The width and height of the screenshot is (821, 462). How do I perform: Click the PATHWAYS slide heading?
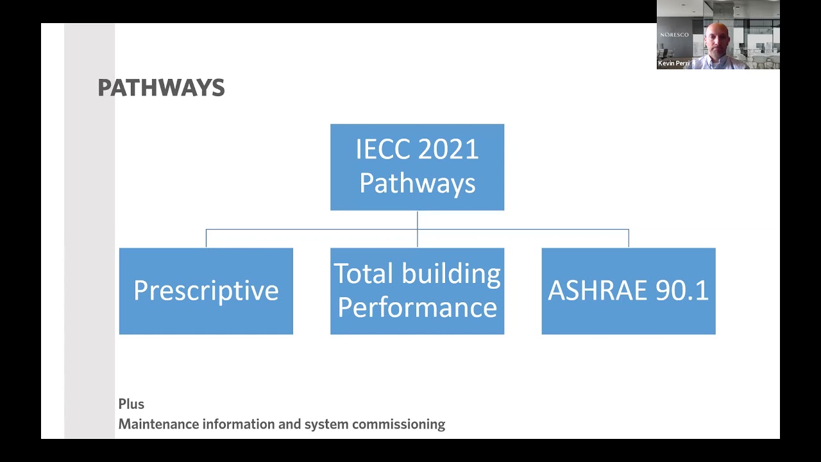point(161,88)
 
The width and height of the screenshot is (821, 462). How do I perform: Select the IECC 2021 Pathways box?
point(417,167)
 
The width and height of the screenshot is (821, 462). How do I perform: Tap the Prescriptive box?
point(206,291)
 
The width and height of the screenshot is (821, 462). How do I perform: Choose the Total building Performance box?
point(417,291)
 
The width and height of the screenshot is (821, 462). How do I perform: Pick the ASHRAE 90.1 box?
point(628,291)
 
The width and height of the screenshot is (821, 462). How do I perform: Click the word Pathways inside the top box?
point(417,184)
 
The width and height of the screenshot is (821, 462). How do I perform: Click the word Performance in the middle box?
point(417,307)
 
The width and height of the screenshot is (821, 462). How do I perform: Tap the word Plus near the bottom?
point(131,404)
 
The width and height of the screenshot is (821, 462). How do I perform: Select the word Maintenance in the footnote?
point(159,424)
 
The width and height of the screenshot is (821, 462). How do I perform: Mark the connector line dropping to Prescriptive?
point(206,238)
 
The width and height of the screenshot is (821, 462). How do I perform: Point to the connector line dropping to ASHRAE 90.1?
point(629,238)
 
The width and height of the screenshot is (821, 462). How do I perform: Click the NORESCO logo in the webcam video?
point(674,35)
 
